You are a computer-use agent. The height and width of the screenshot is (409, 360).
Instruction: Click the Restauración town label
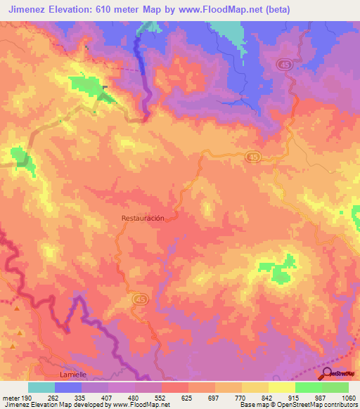point(143,218)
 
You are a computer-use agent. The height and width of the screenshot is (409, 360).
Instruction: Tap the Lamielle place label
point(72,375)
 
